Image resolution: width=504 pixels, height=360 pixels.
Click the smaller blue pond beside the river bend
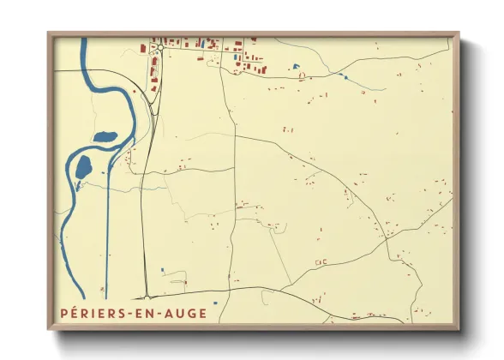pos(104,136)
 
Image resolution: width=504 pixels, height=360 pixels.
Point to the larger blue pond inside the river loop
pos(83,166)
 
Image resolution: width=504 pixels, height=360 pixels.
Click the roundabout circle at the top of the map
pos(159,48)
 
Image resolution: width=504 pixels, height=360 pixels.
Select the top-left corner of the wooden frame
pos(49,33)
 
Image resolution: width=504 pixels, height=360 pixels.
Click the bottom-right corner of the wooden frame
pos(458,329)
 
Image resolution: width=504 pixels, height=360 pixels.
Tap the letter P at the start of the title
pos(64,314)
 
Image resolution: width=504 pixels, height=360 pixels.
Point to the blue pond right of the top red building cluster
pos(296,66)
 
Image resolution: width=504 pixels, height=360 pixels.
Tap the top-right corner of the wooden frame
pos(458,33)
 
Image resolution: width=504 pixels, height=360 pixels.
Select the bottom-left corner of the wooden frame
pos(49,329)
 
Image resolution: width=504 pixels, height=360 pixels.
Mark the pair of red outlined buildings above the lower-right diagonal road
pos(321,261)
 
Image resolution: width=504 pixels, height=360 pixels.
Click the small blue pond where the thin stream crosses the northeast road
pos(345,77)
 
